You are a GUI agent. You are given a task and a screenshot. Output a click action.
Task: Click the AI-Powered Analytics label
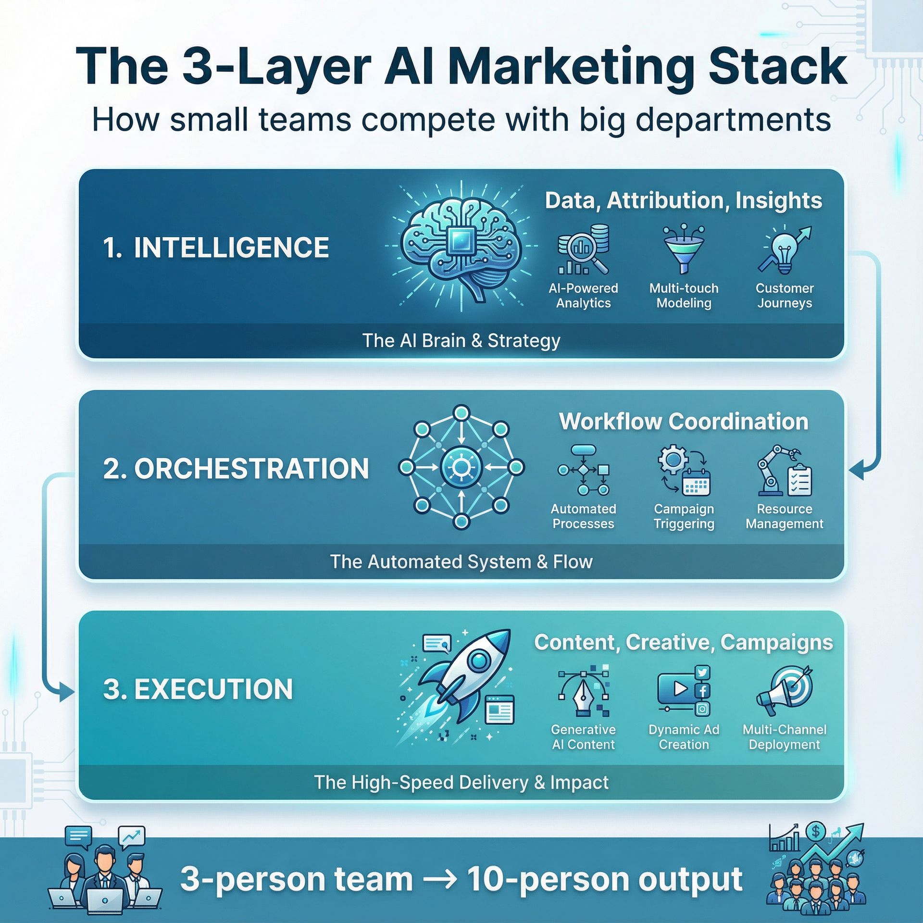click(x=583, y=296)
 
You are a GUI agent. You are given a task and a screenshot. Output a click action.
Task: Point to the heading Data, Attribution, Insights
click(x=683, y=200)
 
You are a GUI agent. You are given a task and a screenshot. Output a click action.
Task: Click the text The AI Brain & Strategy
click(x=461, y=340)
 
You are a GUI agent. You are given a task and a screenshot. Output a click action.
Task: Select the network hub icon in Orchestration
click(x=461, y=467)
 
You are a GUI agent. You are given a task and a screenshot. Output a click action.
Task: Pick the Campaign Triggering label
click(x=684, y=516)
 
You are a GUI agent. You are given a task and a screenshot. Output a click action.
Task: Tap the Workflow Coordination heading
click(x=683, y=422)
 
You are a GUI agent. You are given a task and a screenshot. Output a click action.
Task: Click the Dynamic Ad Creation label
click(x=684, y=737)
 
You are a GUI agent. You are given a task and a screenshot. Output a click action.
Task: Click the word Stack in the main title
click(x=777, y=67)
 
